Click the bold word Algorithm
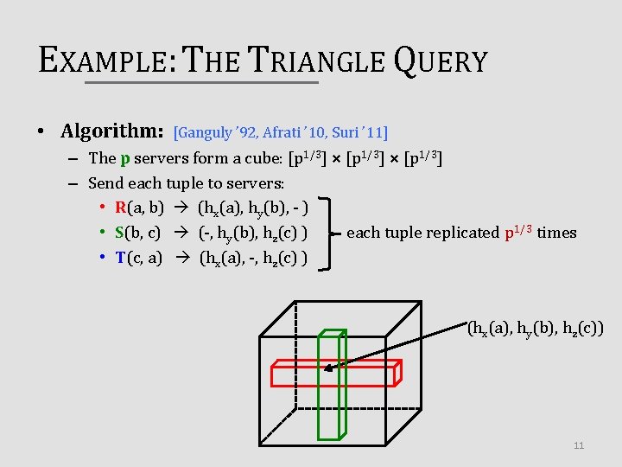point(112,131)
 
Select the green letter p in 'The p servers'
point(125,158)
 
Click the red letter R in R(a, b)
point(120,208)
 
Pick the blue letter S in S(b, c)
point(120,233)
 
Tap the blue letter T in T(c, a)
point(120,258)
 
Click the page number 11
point(579,445)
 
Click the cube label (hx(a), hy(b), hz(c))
point(535,329)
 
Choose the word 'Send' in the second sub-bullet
point(105,183)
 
